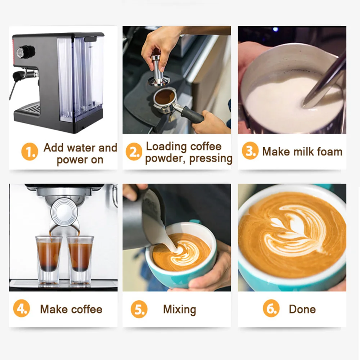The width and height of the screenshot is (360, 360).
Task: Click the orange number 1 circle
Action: pyautogui.click(x=30, y=152)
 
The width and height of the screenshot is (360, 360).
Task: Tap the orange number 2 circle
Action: pyautogui.click(x=134, y=152)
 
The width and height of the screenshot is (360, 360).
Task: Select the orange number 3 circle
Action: pyautogui.click(x=250, y=150)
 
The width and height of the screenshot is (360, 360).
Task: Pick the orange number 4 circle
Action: pyautogui.click(x=22, y=309)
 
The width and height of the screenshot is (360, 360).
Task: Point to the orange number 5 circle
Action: pyautogui.click(x=139, y=309)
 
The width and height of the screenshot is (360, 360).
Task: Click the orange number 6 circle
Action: pyautogui.click(x=271, y=309)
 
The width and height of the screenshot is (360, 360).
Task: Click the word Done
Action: pyautogui.click(x=302, y=309)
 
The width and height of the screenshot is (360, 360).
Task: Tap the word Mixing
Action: pyautogui.click(x=180, y=310)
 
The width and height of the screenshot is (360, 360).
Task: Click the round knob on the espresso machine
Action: pyautogui.click(x=27, y=51)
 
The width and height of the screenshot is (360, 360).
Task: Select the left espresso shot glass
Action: pyautogui.click(x=49, y=260)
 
